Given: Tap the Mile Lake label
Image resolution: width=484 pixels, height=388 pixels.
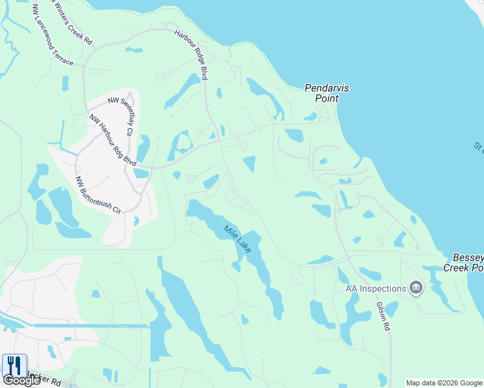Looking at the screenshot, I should [237, 238].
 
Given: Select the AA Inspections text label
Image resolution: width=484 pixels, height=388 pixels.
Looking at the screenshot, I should [375, 288].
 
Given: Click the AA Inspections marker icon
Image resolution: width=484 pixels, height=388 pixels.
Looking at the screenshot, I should [416, 288].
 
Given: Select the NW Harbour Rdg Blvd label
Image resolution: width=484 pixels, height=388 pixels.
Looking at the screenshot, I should [113, 138].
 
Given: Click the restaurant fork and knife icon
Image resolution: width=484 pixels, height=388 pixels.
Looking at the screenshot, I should [14, 365].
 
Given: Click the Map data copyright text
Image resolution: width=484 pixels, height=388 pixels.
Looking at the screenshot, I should [443, 383].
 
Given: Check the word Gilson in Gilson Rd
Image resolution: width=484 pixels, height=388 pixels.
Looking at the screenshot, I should [382, 311].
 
